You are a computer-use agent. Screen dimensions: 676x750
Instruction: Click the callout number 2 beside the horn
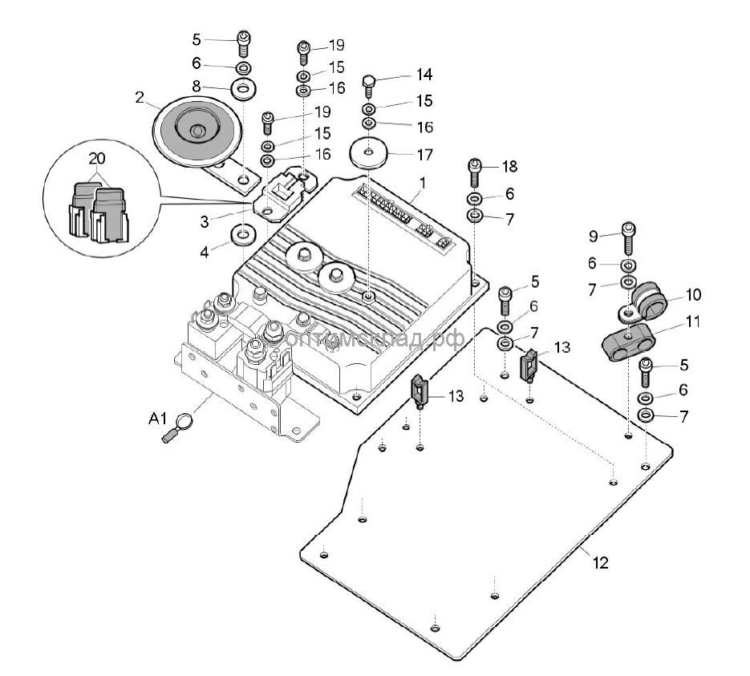tap(140, 98)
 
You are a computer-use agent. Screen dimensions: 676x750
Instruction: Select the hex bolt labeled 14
tap(368, 83)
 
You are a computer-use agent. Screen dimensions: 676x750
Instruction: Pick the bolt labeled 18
tap(473, 171)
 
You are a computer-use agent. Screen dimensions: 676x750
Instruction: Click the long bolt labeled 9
tap(628, 238)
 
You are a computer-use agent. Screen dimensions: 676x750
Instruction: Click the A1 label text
tap(157, 418)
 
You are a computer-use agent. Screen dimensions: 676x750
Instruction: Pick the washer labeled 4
tap(241, 236)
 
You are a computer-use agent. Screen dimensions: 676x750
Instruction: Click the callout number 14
tap(424, 75)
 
